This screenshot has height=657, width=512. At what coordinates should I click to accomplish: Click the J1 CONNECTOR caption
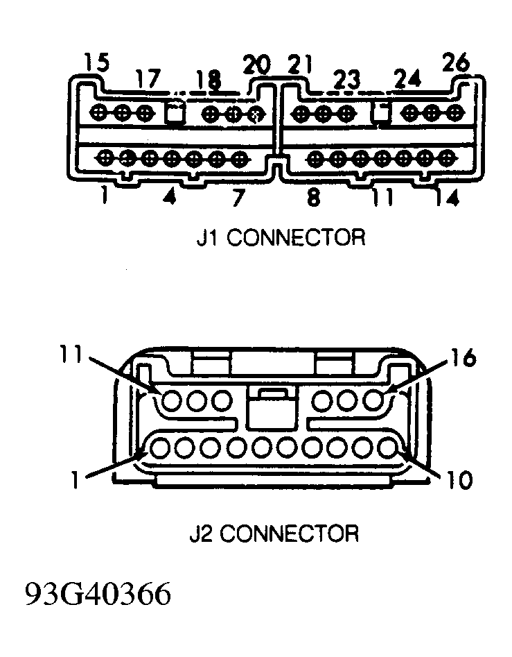(280, 237)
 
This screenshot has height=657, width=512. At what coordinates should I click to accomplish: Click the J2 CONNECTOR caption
(274, 534)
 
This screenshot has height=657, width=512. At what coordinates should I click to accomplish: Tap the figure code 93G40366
(98, 595)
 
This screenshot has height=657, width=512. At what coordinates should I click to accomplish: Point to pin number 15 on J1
(96, 63)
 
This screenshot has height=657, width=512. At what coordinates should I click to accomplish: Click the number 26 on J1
(455, 64)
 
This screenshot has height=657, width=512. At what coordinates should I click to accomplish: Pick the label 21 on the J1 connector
(301, 66)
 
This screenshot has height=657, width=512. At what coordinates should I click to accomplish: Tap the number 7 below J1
(238, 198)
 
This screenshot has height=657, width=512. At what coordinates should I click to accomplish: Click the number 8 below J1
(313, 198)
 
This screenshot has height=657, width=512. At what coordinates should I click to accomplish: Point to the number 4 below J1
(169, 198)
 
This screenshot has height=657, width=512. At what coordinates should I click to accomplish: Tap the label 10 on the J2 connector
(457, 479)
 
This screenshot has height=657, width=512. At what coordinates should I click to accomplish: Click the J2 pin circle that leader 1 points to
(160, 449)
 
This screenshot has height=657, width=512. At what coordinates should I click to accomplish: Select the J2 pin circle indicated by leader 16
(375, 400)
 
